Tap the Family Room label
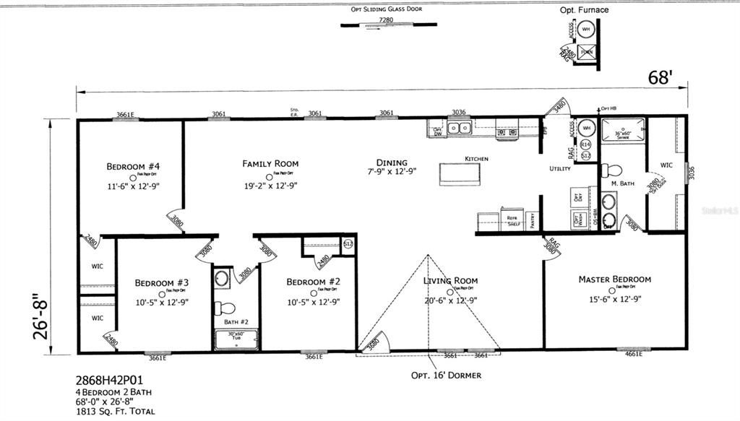coord(270,164)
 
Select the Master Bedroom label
coord(614,279)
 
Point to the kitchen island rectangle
coord(460,173)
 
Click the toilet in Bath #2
coord(223,304)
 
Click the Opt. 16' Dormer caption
coord(446,376)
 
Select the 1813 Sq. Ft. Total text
coord(115,411)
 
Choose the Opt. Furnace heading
coord(584,10)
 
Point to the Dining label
coord(391,162)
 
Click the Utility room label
coord(559,169)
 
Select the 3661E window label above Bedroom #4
coord(126,114)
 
